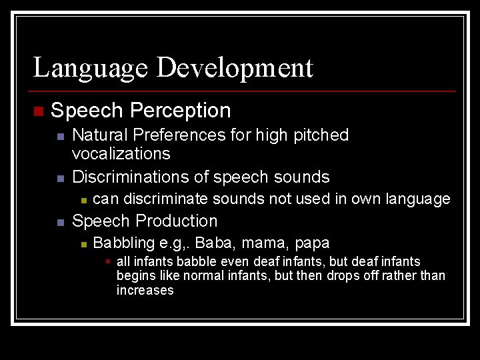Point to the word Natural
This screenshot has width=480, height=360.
[100, 135]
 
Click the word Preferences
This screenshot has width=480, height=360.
[179, 135]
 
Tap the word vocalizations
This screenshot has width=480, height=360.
[121, 153]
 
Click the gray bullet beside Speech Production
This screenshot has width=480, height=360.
[59, 222]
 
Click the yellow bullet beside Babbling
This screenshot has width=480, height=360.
[82, 245]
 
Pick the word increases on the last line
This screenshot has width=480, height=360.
[145, 291]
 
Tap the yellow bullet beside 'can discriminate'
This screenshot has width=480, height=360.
[82, 200]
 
